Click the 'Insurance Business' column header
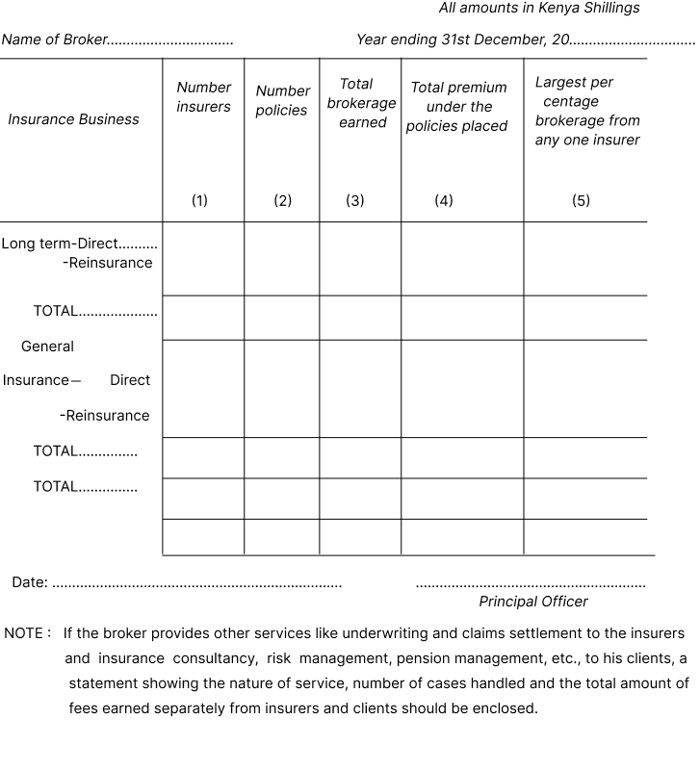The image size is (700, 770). pos(73,119)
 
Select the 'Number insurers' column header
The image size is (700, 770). pos(203,97)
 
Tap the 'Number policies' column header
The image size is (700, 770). pos(281,101)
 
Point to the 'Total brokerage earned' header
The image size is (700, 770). pos(361,103)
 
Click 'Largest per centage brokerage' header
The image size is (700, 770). pos(586,111)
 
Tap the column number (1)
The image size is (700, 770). pos(199,200)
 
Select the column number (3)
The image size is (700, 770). pos(355,200)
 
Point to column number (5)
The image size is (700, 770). pos(581,200)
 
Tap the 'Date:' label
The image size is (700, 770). pos(30,582)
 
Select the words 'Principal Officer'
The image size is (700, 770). pos(532,602)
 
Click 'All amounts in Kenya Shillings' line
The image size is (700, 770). pos(538,8)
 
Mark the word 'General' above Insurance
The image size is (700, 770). pos(47,346)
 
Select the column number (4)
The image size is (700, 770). pos(443,200)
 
